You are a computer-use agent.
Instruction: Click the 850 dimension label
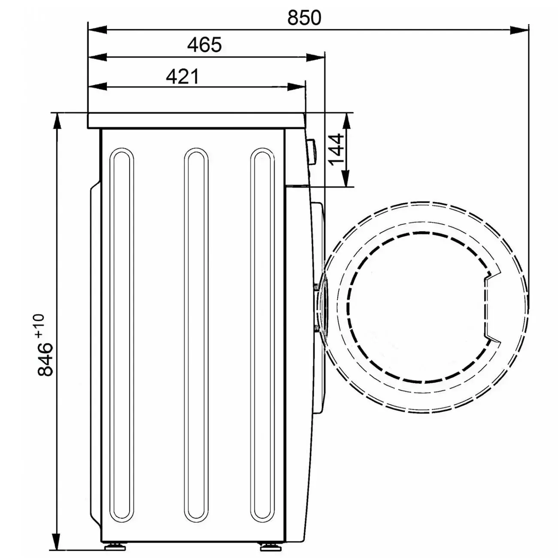coord(304,17)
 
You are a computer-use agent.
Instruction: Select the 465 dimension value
coord(204,45)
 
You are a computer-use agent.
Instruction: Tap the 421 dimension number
coord(182,76)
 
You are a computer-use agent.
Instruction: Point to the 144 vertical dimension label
coord(336,149)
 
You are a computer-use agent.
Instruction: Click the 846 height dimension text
coord(45,359)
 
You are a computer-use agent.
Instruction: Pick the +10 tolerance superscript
coord(39,326)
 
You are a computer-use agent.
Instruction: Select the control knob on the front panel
coord(311,152)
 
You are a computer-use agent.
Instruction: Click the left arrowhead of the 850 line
coord(97,30)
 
